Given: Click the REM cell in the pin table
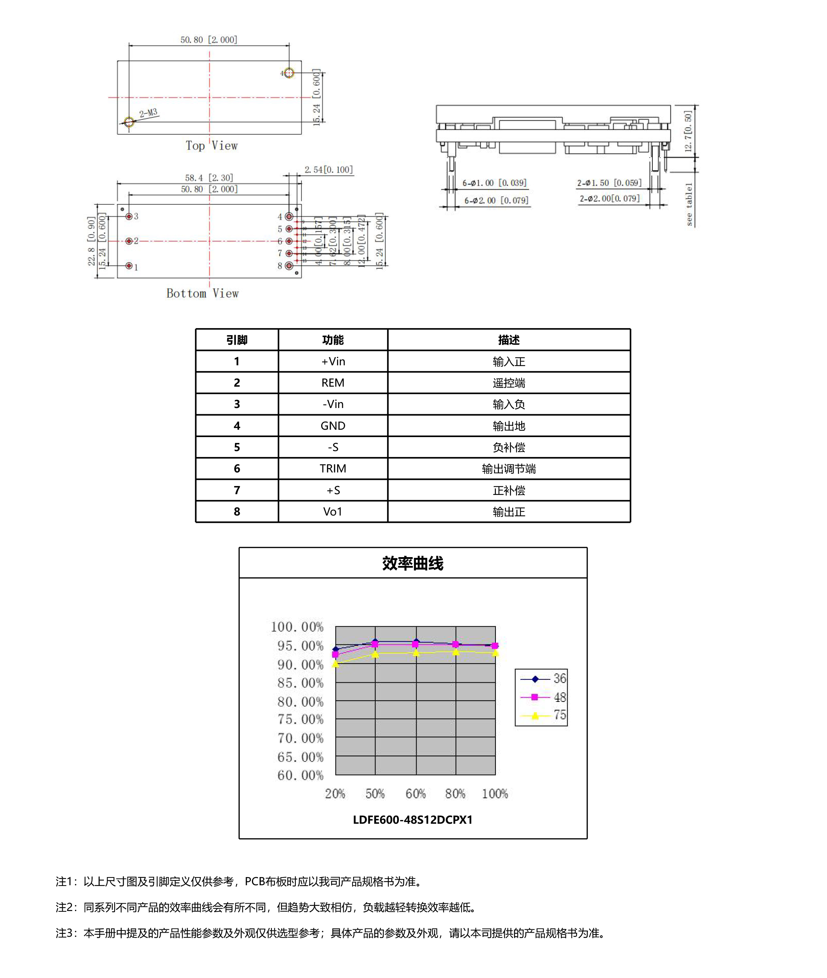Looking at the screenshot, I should point(333,383).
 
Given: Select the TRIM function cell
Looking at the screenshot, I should point(333,469).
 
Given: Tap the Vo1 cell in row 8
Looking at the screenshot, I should point(333,512).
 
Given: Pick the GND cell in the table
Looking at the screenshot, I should point(333,426).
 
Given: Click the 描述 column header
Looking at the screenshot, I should point(509,340).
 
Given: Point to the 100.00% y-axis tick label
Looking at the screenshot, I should point(297,627).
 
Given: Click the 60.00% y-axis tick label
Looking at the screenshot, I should point(301,775).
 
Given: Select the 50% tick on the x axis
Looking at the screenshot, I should point(375,794).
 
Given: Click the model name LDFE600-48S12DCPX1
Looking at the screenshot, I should point(413,820).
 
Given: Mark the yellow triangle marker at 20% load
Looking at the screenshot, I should point(336,664).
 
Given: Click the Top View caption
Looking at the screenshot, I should point(211,146).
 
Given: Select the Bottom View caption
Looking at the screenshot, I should point(203,294).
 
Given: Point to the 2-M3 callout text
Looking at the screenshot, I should point(148,113).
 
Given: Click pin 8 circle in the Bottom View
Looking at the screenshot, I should point(289,266).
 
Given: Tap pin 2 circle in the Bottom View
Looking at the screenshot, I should point(129,241).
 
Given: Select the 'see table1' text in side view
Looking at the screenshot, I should point(689,204).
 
